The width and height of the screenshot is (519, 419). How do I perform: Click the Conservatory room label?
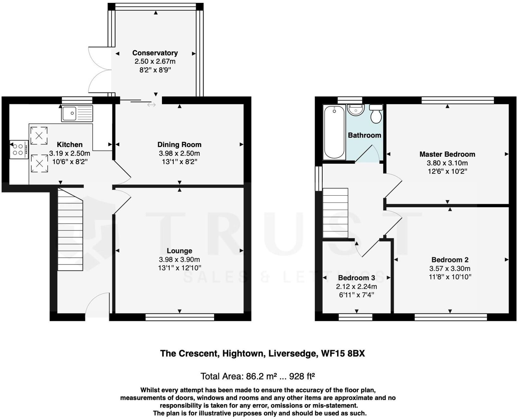click(x=155, y=53)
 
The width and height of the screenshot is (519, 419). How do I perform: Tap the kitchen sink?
click(x=77, y=114)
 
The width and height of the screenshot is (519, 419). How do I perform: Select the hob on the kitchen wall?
click(x=19, y=150)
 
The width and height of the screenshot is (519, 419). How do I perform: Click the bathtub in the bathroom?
click(x=334, y=132)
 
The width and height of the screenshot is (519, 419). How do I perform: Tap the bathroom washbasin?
click(x=356, y=110)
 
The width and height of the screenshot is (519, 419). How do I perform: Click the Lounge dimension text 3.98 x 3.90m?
click(x=179, y=260)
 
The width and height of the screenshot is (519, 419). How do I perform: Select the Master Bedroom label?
click(x=447, y=154)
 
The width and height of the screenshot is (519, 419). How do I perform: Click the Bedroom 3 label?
click(x=356, y=278)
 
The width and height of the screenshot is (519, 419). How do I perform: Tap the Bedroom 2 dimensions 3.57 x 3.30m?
click(x=450, y=269)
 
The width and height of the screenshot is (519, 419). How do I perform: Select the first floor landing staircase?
click(x=335, y=213)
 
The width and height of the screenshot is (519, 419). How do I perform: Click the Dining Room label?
click(x=179, y=145)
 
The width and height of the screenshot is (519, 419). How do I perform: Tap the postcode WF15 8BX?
click(x=343, y=353)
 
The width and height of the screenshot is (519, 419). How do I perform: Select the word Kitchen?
click(x=69, y=145)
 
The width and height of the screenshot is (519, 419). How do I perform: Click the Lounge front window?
click(x=180, y=317)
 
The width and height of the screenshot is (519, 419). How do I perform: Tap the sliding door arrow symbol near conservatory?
click(x=152, y=105)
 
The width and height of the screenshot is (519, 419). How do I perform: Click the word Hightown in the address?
click(x=243, y=353)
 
